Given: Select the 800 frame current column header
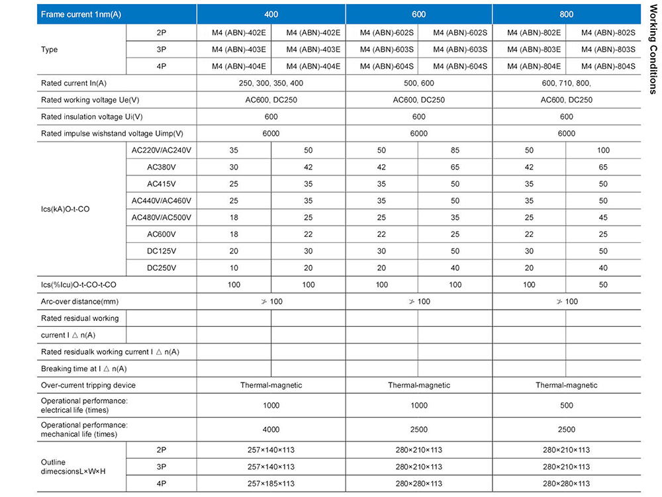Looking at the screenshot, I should coord(567,14).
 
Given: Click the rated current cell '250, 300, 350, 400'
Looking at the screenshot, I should coord(271,83).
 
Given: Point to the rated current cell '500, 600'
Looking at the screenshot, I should coord(418,83).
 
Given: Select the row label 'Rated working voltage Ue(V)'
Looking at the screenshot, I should coord(90,100).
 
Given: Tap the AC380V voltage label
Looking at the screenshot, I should coord(162,167).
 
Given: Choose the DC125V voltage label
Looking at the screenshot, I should coord(162,251).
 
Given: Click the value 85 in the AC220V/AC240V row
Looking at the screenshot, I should coord(455,151).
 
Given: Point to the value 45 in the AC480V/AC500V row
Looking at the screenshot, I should coord(603,218).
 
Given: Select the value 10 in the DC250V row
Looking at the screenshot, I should coord(234,268).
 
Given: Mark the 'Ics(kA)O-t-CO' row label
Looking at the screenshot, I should coord(66,209).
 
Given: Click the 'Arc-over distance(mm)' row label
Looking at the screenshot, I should coord(80,302).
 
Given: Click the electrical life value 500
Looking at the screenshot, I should coord(567,406).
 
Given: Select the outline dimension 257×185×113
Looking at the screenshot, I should coord(271,484).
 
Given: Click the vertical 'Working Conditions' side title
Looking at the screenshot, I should coord(653,50).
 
